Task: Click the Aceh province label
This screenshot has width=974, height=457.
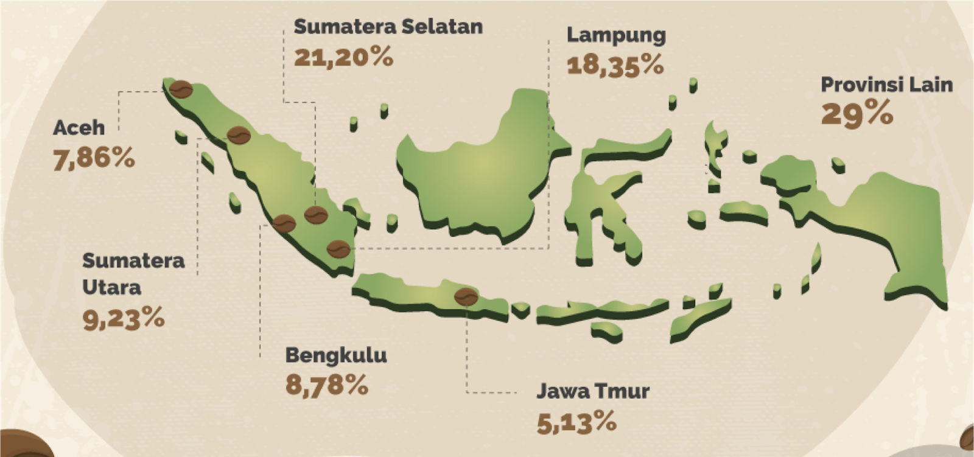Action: pyautogui.click(x=79, y=128)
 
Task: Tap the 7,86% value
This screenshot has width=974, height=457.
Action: pyautogui.click(x=94, y=159)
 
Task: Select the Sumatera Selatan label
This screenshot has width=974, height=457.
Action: pyautogui.click(x=388, y=27)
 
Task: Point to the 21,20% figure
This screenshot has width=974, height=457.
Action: pyautogui.click(x=343, y=57)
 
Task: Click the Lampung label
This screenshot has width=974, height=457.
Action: pyautogui.click(x=615, y=35)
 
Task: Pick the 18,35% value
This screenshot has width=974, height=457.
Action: pyautogui.click(x=615, y=65)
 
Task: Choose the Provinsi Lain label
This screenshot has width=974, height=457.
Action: pyautogui.click(x=886, y=85)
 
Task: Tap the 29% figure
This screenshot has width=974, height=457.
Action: pyautogui.click(x=857, y=114)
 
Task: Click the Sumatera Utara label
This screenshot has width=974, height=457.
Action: pyautogui.click(x=133, y=273)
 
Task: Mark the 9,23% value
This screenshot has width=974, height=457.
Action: pyautogui.click(x=124, y=318)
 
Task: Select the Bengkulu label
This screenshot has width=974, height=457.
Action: pyautogui.click(x=335, y=355)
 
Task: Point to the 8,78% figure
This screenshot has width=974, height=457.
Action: pyautogui.click(x=326, y=385)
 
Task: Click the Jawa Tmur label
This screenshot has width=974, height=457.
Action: pyautogui.click(x=592, y=391)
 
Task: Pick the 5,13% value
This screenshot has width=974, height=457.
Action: pyautogui.click(x=576, y=422)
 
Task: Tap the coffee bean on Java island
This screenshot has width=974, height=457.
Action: pyautogui.click(x=467, y=296)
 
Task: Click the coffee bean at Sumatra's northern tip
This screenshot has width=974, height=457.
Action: pyautogui.click(x=181, y=90)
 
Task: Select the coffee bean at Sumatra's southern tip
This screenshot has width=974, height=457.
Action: pyautogui.click(x=338, y=249)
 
